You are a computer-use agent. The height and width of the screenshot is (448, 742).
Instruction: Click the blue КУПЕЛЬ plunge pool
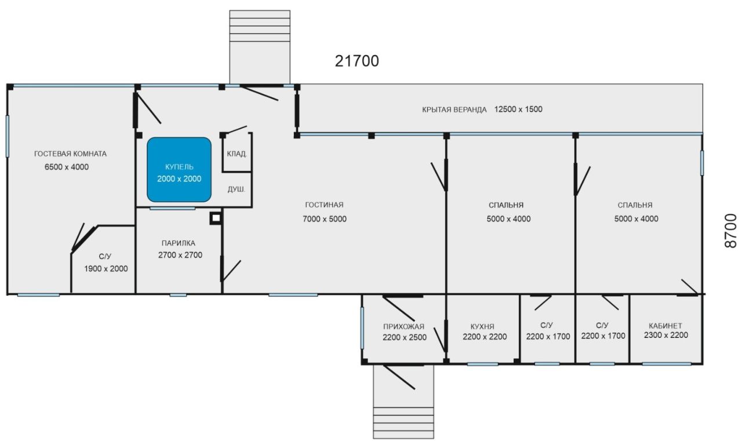tap(179, 170)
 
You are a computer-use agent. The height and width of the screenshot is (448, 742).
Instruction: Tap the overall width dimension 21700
tap(357, 61)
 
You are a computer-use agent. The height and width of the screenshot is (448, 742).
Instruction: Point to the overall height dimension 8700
tap(731, 231)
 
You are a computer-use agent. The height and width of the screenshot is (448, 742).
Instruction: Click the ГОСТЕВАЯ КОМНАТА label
tap(70, 154)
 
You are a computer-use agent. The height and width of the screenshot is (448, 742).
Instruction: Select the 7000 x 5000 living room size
tap(324, 219)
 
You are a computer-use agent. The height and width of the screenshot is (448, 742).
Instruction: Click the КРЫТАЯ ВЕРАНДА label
tap(454, 110)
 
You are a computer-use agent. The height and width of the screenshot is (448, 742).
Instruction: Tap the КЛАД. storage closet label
tap(237, 154)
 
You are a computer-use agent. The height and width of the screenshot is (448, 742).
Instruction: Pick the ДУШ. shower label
tap(236, 190)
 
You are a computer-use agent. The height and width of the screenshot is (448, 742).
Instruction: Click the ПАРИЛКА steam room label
tap(178, 243)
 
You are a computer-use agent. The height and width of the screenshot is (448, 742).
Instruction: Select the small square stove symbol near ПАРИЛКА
tap(216, 218)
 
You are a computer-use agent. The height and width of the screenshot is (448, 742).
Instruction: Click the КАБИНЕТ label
tap(665, 326)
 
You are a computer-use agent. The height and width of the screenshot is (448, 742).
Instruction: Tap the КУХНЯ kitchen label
tap(482, 326)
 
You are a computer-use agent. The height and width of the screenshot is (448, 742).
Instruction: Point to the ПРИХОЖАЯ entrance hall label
tap(403, 326)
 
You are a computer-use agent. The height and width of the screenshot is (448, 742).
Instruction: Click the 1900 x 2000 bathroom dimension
tap(106, 268)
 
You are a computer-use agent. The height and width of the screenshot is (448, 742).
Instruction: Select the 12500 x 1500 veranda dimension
tap(518, 110)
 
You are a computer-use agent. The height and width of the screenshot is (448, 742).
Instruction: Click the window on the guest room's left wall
tap(8, 136)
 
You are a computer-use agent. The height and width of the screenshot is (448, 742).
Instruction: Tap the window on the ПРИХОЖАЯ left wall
tap(362, 328)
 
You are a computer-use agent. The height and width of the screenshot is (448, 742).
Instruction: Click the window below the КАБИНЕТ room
tap(667, 364)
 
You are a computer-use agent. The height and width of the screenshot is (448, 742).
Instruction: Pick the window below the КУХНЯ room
tap(483, 364)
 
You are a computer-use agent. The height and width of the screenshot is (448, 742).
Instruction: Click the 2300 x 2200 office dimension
tap(666, 335)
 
